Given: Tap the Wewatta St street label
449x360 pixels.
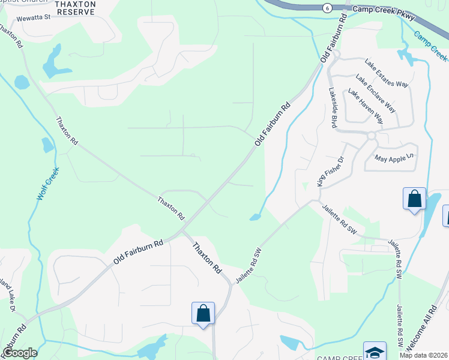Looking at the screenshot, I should (34, 19).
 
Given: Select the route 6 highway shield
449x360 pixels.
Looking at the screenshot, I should (326, 8).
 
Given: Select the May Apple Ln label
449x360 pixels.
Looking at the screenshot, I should (394, 158).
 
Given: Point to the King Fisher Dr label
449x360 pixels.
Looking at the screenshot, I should (330, 172).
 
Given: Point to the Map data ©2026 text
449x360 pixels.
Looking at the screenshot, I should (423, 355).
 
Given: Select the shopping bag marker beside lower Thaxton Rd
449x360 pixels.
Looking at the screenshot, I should (203, 313).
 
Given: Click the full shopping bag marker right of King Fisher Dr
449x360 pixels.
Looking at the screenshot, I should (414, 199).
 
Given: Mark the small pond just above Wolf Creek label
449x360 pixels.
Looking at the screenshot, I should (47, 145).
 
